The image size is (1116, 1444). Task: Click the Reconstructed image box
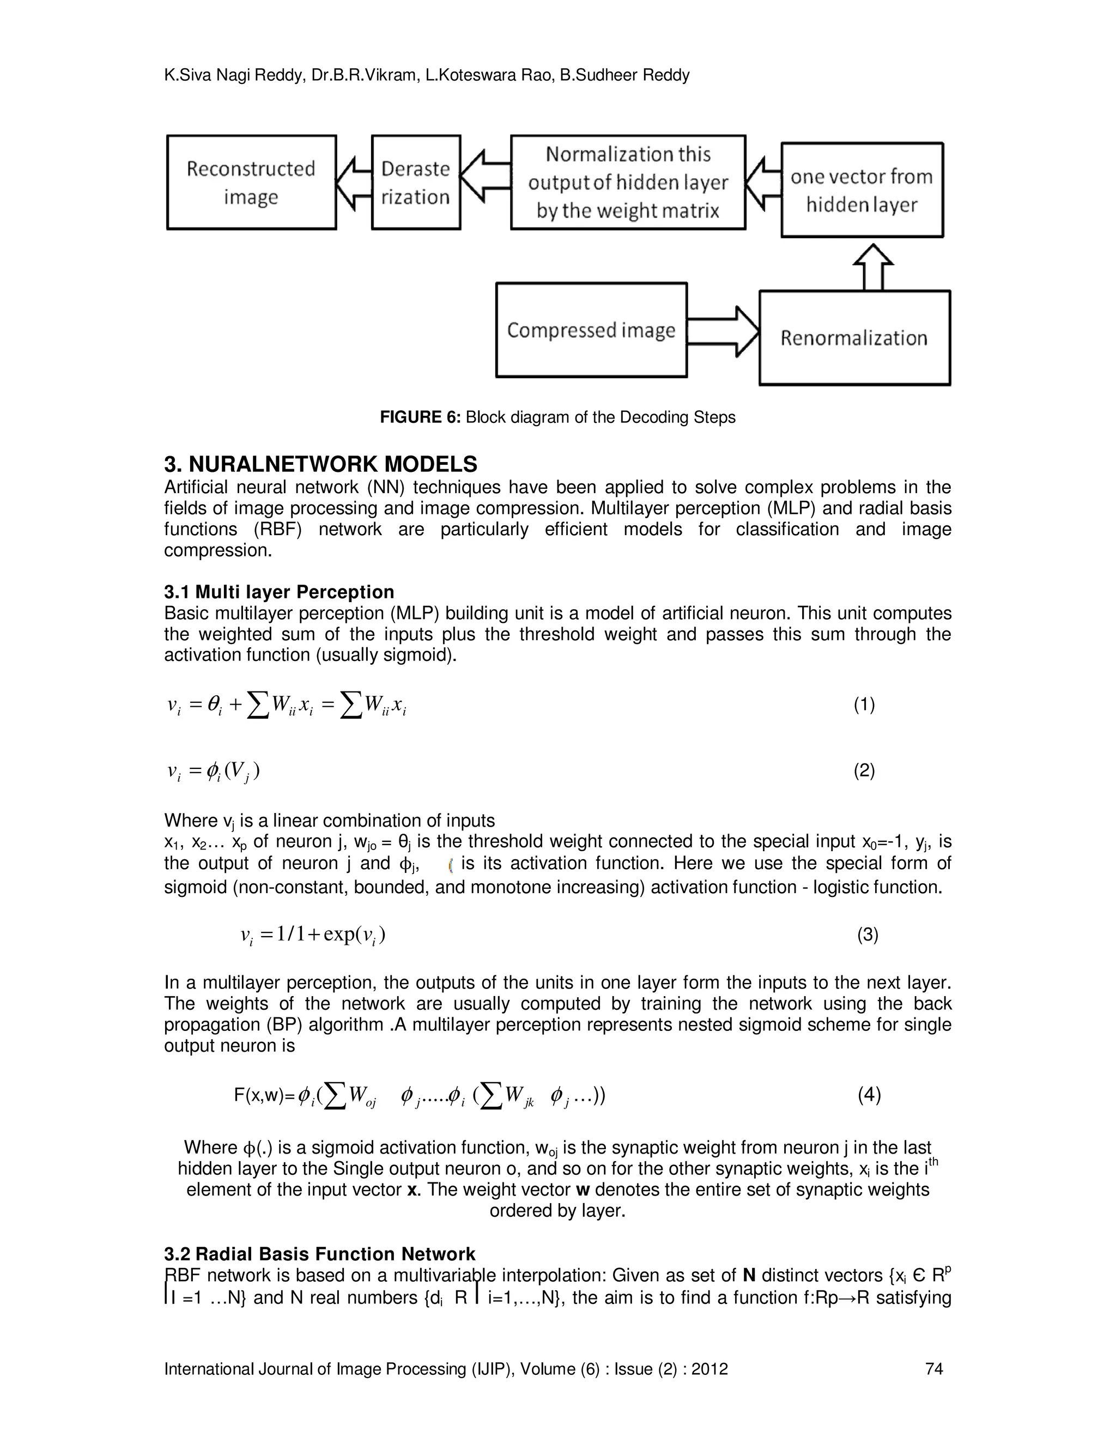[251, 183]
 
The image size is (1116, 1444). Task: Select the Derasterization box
[416, 183]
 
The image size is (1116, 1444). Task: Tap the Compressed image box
[591, 330]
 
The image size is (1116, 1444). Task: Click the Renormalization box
[854, 338]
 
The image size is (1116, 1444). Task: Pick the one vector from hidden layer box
[862, 190]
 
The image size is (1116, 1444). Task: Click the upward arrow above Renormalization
[874, 266]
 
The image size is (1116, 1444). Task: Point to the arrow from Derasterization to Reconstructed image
[354, 183]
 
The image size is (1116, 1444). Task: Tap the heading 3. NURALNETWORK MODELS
[320, 464]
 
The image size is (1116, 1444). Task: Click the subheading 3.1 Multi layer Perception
[279, 592]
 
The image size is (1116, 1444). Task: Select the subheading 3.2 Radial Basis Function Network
[319, 1254]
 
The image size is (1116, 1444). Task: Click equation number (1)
[864, 705]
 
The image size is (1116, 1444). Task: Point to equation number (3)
[868, 935]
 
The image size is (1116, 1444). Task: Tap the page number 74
[934, 1369]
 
